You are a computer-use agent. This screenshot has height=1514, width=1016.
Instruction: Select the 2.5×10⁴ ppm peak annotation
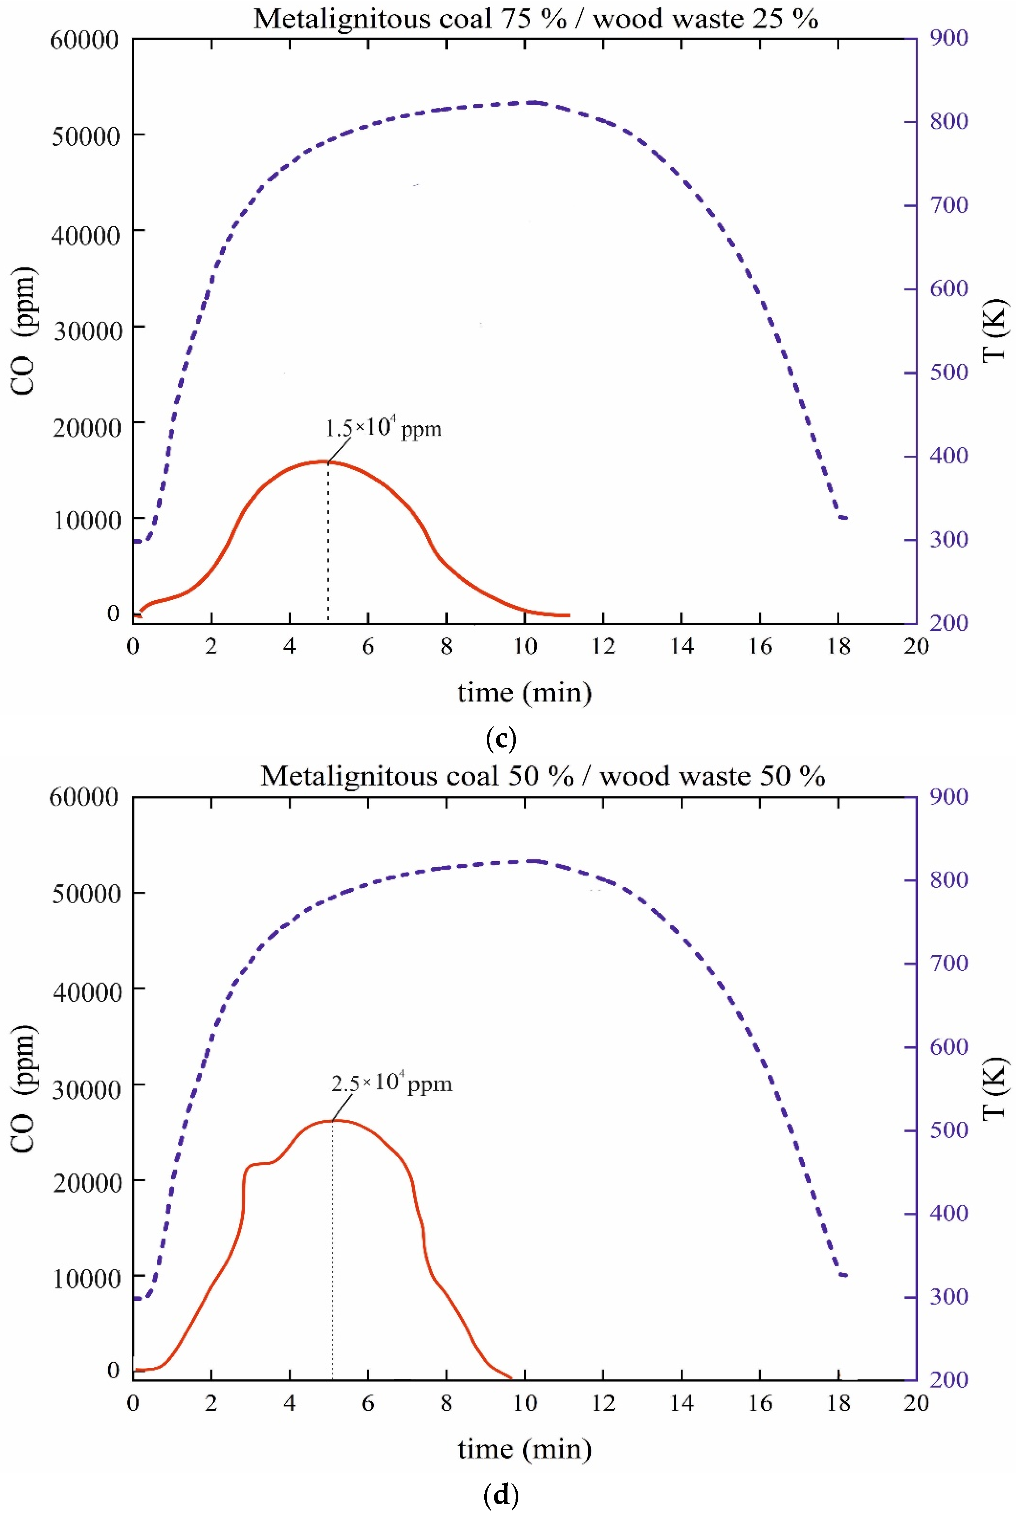(391, 1084)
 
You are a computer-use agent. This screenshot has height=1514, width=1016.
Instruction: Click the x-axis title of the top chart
(524, 693)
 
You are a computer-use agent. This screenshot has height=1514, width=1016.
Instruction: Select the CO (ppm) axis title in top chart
(24, 330)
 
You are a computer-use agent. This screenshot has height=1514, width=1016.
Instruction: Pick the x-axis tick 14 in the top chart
(682, 646)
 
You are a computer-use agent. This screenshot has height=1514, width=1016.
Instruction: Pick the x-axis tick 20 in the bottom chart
(916, 1403)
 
